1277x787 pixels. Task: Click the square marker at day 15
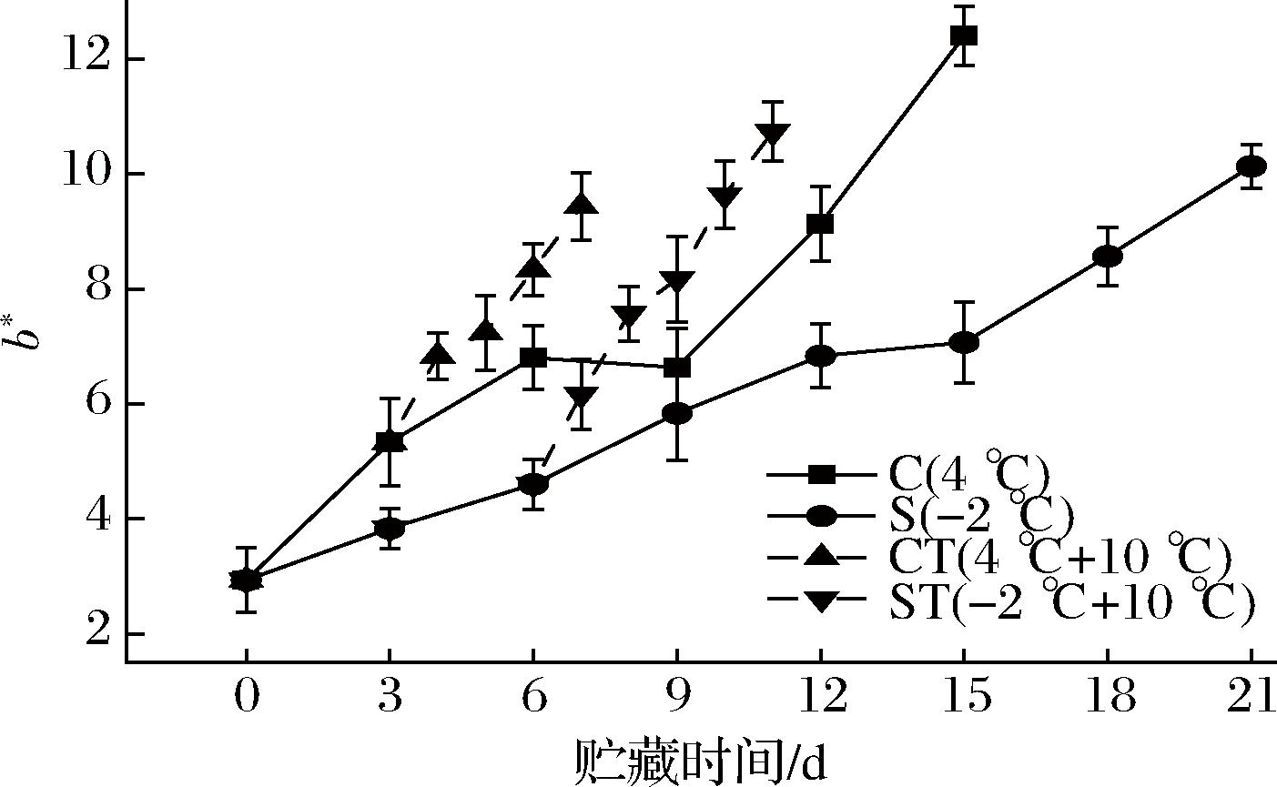[x=964, y=35]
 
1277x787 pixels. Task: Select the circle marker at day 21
[x=1252, y=166]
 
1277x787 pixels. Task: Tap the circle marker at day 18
[x=1108, y=256]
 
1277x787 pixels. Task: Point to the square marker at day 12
[x=820, y=224]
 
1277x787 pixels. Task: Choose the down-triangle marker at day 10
[x=725, y=197]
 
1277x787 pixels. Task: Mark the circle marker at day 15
[x=964, y=343]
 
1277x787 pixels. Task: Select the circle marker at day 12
[x=820, y=355]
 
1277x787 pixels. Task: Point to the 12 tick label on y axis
[x=86, y=59]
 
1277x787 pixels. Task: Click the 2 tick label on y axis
[x=96, y=633]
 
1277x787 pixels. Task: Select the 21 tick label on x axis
[x=1251, y=699]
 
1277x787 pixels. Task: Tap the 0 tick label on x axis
[x=246, y=699]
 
